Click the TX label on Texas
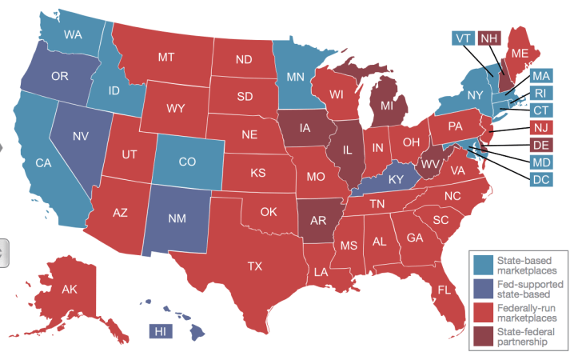pyautogui.click(x=255, y=266)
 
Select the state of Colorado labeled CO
pyautogui.click(x=187, y=162)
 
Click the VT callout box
pyautogui.click(x=462, y=38)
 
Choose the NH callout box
pyautogui.click(x=490, y=38)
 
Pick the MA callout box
pyautogui.click(x=541, y=76)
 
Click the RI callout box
pyautogui.click(x=541, y=93)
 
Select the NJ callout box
pyautogui.click(x=541, y=127)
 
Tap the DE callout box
pyautogui.click(x=541, y=145)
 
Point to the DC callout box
pyautogui.click(x=541, y=179)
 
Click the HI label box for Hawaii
pyautogui.click(x=160, y=331)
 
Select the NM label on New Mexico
pyautogui.click(x=177, y=217)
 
